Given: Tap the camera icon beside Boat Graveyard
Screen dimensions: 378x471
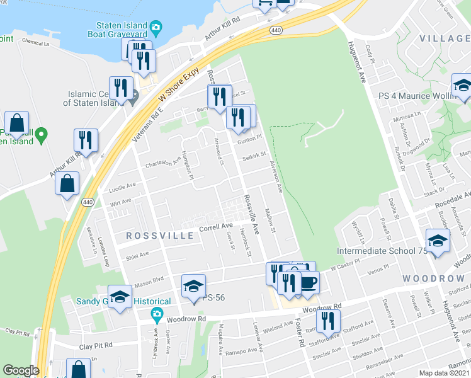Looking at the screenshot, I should point(156,26).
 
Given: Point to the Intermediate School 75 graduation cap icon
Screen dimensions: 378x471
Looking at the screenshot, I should point(438,241).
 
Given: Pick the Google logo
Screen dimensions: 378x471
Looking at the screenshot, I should point(21,370).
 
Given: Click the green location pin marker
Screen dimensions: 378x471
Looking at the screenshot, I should point(42,134).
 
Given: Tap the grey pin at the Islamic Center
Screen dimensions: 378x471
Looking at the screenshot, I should point(133,98).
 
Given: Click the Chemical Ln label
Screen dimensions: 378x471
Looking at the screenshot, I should point(35,42).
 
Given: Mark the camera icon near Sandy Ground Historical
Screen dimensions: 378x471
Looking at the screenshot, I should point(157,313).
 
